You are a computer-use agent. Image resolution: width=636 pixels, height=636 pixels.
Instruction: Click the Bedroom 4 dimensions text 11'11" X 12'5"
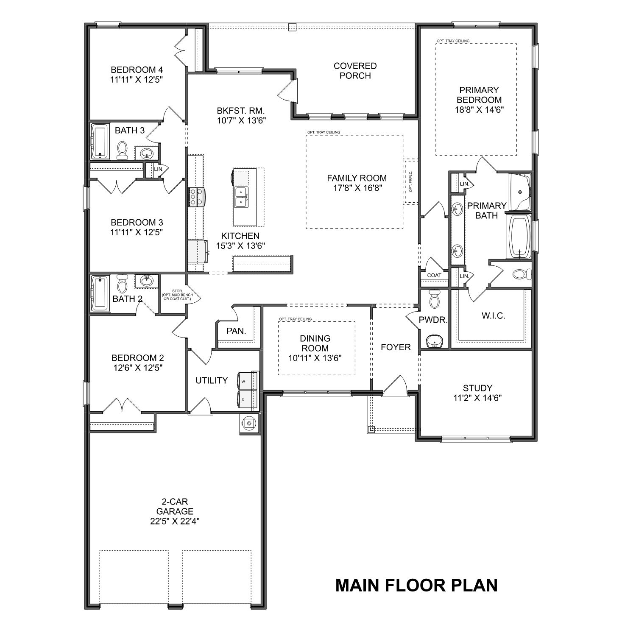click(137, 80)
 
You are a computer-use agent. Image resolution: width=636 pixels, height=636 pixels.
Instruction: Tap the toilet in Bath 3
click(123, 150)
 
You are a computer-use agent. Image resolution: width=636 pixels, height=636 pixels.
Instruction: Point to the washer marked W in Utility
click(248, 379)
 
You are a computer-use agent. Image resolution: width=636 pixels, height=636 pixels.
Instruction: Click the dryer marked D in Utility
click(248, 399)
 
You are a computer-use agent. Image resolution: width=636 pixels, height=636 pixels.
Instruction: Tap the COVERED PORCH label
click(355, 71)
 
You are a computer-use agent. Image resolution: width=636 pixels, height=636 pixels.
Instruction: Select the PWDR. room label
click(433, 320)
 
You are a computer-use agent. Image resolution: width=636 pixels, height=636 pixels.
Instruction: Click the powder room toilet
click(434, 299)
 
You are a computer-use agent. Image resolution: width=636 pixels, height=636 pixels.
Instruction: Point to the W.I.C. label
click(494, 316)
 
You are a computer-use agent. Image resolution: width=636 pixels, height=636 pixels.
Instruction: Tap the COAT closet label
click(434, 275)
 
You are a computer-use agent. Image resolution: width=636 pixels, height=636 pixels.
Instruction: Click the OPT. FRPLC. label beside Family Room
click(410, 181)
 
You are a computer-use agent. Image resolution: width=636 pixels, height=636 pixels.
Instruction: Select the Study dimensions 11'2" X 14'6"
click(477, 398)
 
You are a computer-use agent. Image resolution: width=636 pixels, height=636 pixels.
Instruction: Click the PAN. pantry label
click(236, 331)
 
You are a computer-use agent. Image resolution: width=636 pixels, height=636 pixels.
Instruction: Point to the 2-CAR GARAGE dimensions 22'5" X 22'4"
click(175, 522)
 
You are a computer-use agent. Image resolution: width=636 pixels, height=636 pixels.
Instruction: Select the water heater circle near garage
click(249, 423)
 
